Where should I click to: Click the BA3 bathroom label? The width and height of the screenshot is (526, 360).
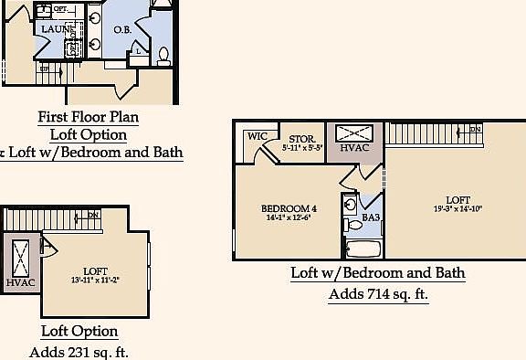click(370, 217)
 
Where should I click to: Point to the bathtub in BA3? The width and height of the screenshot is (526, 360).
click(363, 248)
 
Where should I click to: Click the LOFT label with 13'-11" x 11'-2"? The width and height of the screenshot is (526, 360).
click(95, 271)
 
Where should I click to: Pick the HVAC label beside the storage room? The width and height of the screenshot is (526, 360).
click(354, 148)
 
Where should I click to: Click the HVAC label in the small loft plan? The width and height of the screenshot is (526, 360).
click(19, 282)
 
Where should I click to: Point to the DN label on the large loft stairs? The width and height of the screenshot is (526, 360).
click(475, 130)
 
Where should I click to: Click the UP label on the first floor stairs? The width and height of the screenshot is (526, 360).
click(44, 69)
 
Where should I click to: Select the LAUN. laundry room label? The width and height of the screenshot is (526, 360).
click(55, 29)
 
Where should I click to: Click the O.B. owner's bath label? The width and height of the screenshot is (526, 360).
click(123, 30)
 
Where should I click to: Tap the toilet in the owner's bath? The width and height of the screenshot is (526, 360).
click(163, 57)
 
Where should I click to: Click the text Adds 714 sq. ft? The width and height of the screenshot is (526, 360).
click(378, 294)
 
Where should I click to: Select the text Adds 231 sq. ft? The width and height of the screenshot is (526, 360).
click(79, 352)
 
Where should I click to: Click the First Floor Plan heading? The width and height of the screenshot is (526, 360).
click(88, 117)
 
